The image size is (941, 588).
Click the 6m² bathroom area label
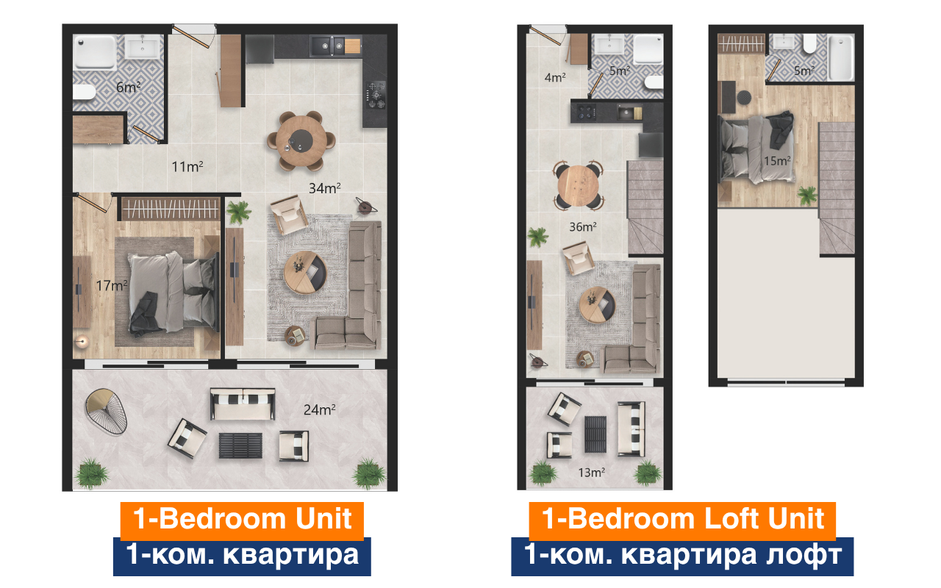point(129,87)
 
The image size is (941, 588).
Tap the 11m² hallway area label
point(187,167)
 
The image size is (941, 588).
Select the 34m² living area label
point(324,188)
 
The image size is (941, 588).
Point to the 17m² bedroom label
point(112,285)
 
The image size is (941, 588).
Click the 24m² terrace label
point(319,409)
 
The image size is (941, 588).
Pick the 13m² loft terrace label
point(591,472)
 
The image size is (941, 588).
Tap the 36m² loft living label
point(582,226)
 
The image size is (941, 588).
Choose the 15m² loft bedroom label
point(777,160)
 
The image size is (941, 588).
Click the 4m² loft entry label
point(555,76)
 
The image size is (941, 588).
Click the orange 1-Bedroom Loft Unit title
point(682,519)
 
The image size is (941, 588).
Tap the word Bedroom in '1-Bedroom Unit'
point(221,519)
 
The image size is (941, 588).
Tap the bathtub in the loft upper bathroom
point(840,57)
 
